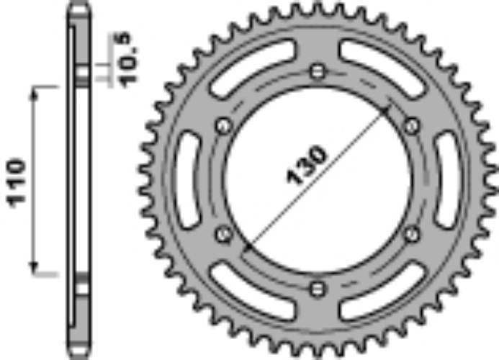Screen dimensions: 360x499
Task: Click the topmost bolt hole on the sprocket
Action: [x=317, y=71]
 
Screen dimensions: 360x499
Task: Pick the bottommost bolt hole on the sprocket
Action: [x=317, y=289]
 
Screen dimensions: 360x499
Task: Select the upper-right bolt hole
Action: [x=412, y=127]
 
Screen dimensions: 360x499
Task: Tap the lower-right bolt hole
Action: [x=412, y=233]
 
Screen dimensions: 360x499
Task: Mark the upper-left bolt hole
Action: [x=222, y=127]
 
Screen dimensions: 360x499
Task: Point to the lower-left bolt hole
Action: [x=222, y=233]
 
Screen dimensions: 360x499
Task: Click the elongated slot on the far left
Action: [x=188, y=179]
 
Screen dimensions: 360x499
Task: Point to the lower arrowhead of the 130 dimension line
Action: [x=247, y=248]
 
